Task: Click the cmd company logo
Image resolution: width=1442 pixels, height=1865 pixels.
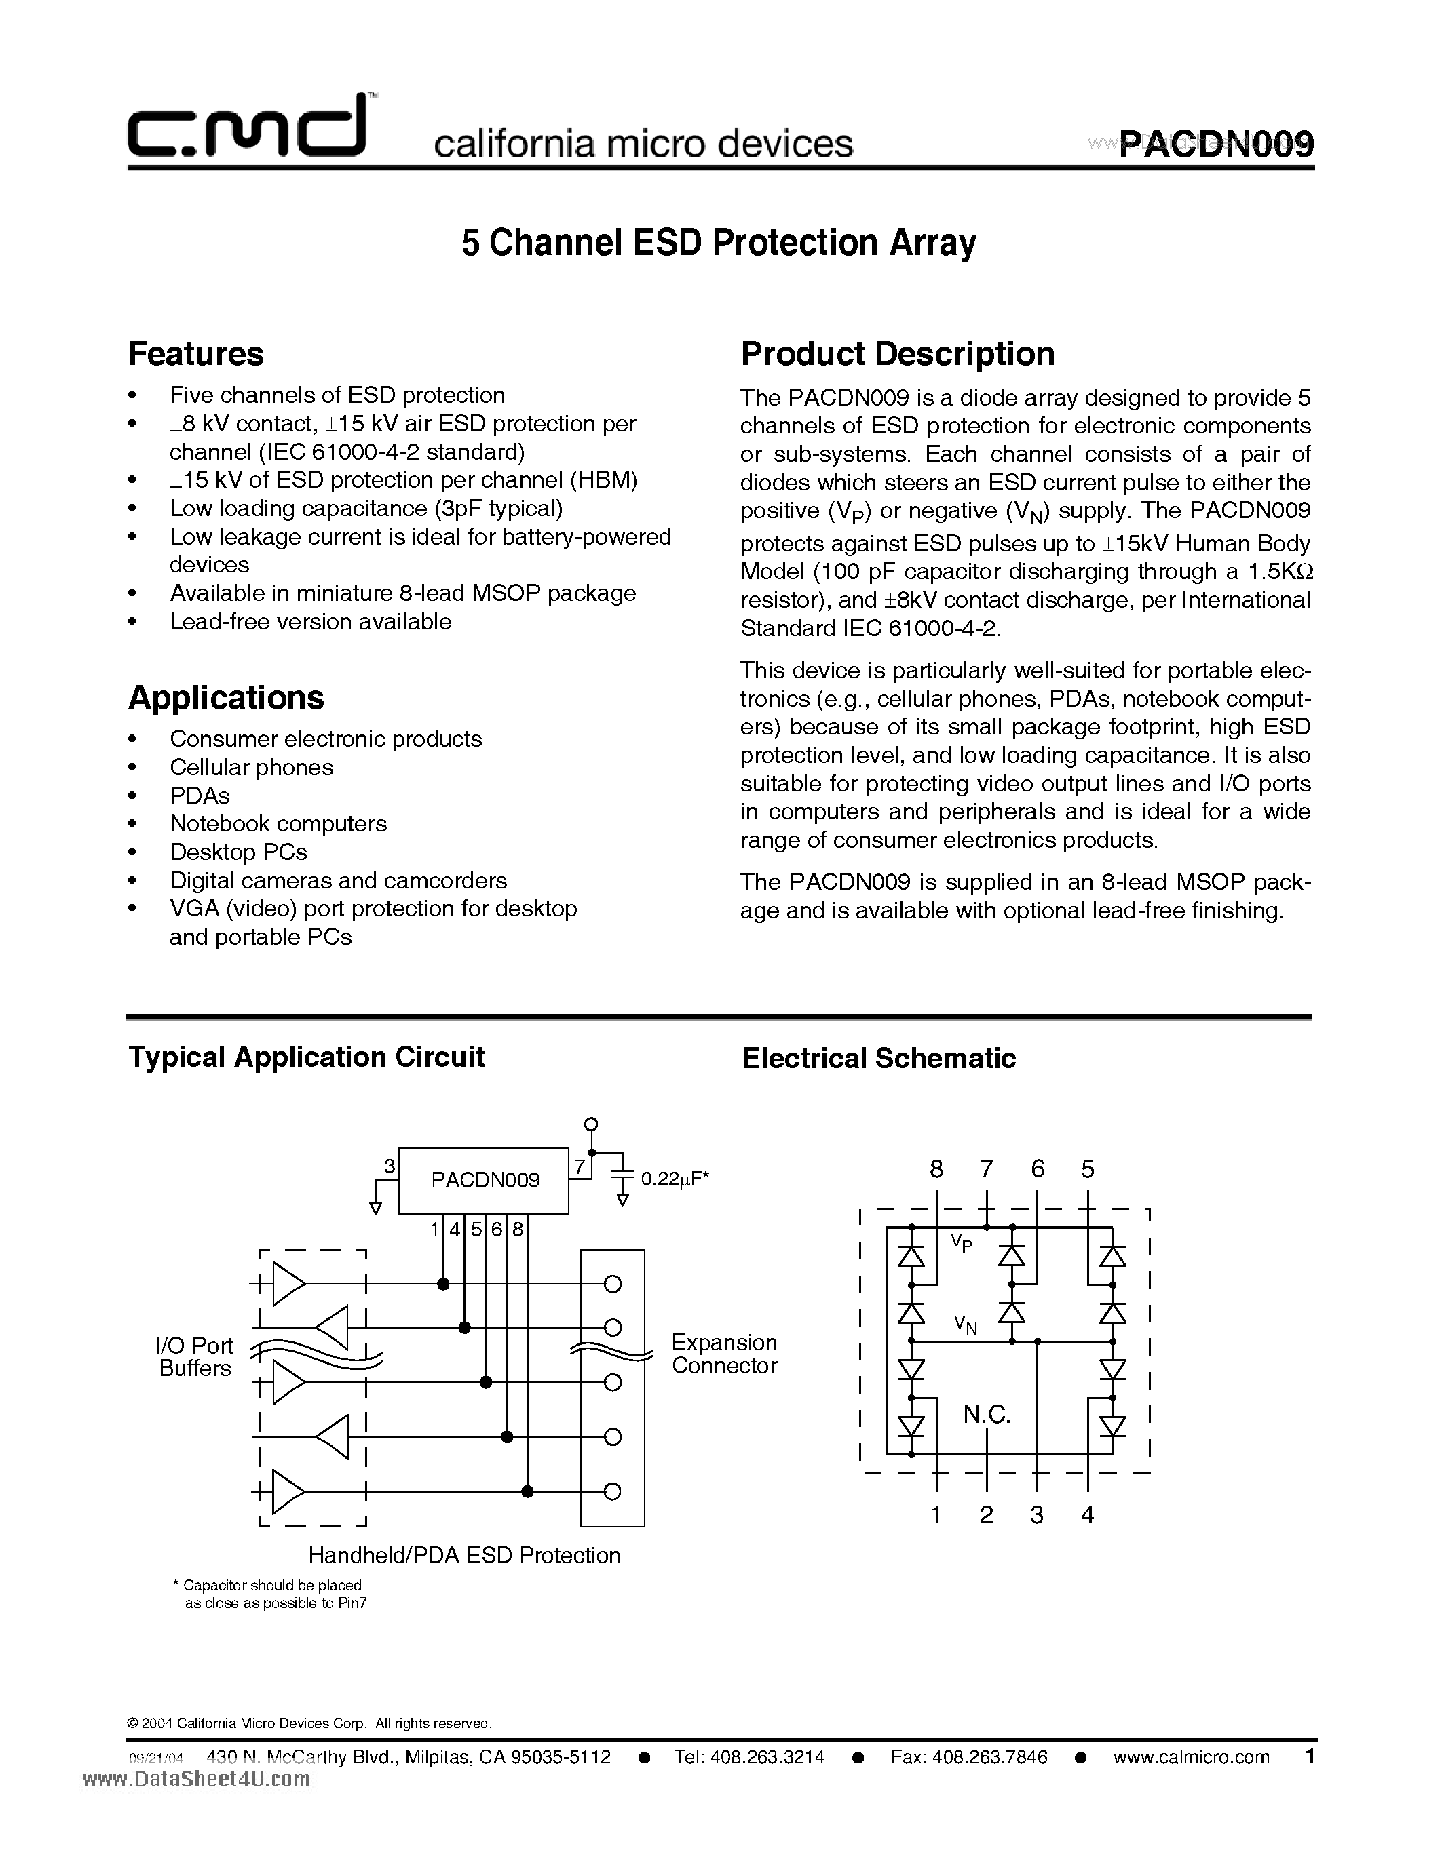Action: [248, 128]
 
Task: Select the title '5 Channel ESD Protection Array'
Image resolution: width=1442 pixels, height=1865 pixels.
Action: [719, 243]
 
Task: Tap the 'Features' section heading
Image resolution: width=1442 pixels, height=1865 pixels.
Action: [195, 353]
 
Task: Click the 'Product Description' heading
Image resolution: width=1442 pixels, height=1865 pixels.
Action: [897, 353]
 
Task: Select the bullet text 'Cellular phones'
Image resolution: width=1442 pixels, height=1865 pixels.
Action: [251, 767]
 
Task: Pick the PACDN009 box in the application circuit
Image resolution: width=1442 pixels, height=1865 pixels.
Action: [485, 1179]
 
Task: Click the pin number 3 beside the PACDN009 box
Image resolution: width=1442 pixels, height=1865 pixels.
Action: [390, 1166]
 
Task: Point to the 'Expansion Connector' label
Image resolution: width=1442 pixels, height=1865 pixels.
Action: [723, 1354]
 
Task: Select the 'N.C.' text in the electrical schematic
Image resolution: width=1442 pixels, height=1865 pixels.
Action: [987, 1415]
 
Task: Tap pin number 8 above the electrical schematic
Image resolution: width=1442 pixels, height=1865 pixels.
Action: [936, 1169]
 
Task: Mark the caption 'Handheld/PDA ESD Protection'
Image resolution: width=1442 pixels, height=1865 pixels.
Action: [464, 1555]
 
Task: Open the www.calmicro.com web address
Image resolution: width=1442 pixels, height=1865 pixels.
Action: [1191, 1756]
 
